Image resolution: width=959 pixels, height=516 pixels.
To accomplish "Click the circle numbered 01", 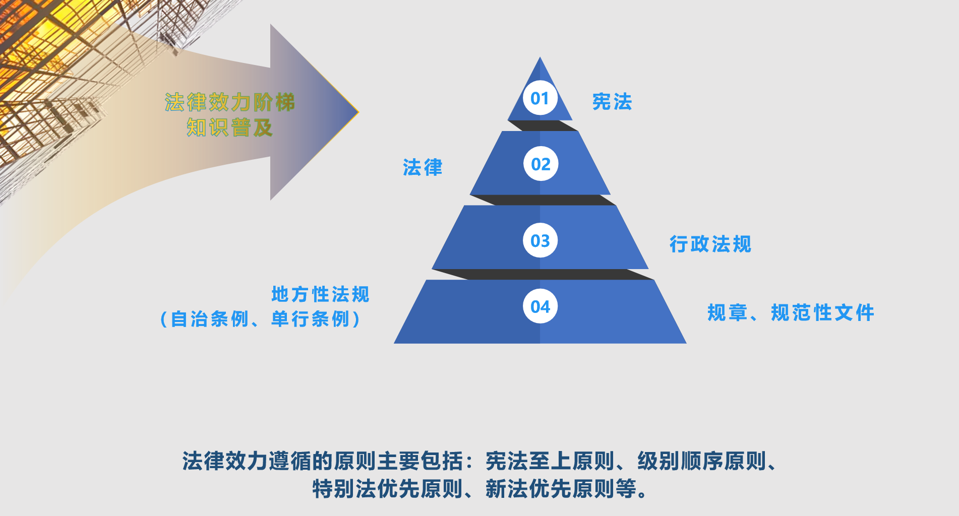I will [x=540, y=98].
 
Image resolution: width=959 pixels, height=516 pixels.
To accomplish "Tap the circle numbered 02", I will [x=541, y=164].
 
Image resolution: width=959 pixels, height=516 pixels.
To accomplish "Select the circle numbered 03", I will [x=540, y=240].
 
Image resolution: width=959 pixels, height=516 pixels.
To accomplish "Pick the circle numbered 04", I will [x=540, y=306].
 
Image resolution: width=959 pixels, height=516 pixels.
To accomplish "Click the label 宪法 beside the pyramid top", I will [x=612, y=102].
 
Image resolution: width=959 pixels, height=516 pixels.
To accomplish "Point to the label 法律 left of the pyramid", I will [x=423, y=167].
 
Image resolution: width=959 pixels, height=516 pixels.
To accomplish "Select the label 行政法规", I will [x=710, y=244].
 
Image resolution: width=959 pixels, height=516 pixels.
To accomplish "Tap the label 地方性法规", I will [x=321, y=294].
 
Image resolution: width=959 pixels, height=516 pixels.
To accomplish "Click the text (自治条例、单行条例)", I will [x=260, y=319].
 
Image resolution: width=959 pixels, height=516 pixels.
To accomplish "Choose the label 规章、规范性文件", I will [x=791, y=312].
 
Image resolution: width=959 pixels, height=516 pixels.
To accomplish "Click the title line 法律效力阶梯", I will [x=229, y=102].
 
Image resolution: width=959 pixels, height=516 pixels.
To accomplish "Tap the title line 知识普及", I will [x=229, y=127].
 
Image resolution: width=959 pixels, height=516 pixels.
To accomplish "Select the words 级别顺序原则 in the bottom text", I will [x=701, y=461].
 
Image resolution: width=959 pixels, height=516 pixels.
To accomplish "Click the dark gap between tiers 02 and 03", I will [x=542, y=200].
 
